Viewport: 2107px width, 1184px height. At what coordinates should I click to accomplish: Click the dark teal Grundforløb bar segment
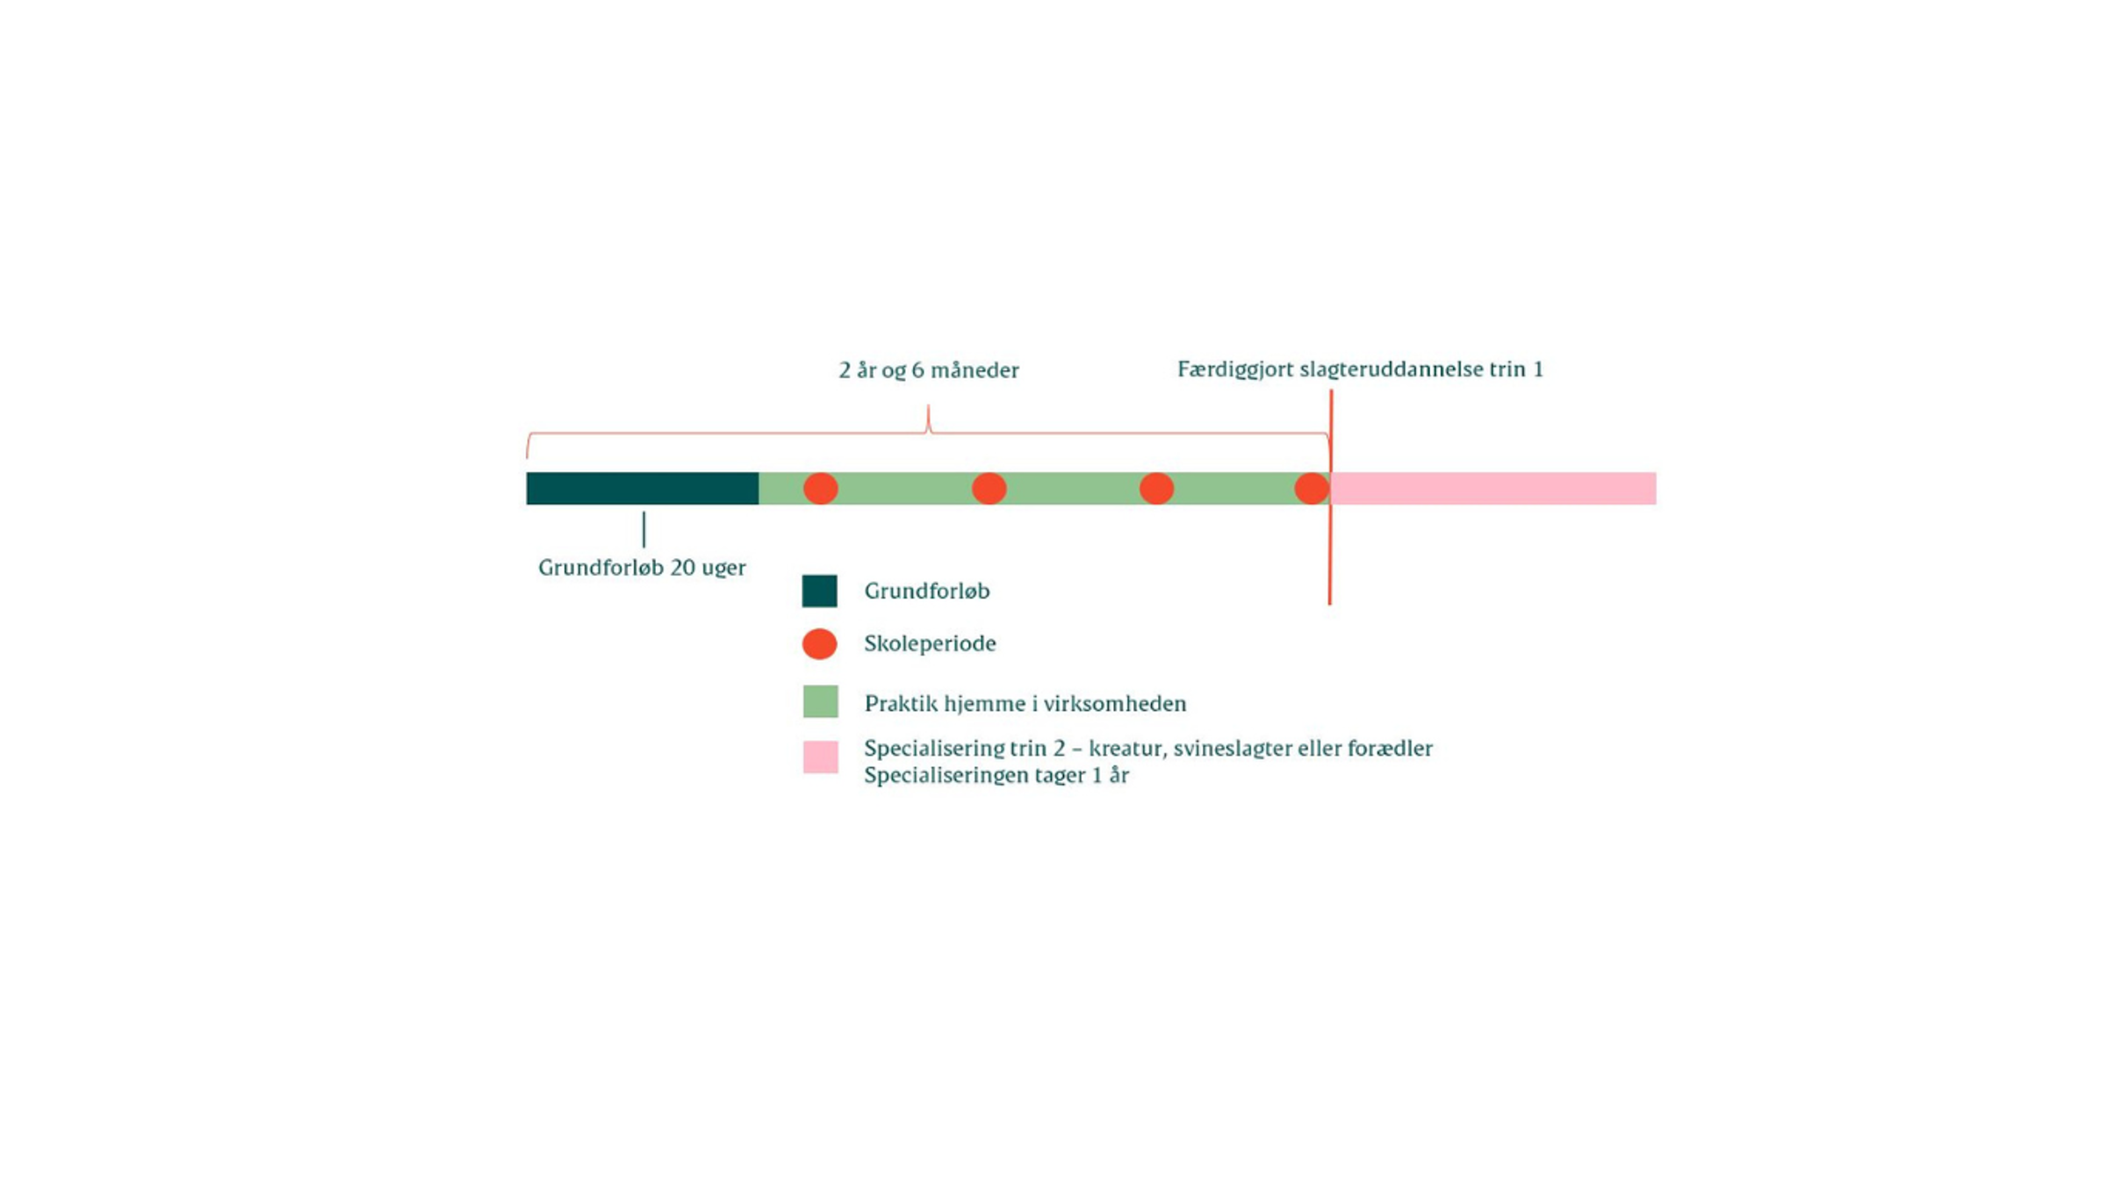[642, 488]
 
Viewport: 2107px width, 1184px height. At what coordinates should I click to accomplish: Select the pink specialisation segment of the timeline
[1493, 488]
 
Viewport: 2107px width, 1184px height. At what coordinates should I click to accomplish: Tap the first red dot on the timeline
[820, 488]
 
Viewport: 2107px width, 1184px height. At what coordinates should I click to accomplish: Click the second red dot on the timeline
[989, 488]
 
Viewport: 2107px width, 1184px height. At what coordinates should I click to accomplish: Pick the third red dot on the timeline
[1156, 488]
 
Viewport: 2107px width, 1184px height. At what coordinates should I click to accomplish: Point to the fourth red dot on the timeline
[1312, 488]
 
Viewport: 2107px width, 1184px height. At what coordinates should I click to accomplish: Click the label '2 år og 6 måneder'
[929, 370]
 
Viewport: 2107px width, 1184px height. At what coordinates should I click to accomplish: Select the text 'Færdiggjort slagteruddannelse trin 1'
[1360, 370]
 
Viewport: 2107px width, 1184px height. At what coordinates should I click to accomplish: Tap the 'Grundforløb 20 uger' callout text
[642, 568]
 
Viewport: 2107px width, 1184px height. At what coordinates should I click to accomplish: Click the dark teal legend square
[819, 591]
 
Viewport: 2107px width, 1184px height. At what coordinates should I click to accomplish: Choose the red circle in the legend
[819, 643]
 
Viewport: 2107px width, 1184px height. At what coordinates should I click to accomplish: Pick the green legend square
[820, 701]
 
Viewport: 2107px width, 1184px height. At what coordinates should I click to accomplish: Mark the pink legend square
[820, 757]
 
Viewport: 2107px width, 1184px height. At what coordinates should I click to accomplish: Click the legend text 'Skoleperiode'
[930, 643]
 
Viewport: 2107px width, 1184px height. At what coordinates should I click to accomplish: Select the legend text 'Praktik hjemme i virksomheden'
[1025, 703]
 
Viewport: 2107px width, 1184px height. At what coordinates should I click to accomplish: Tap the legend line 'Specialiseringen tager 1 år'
[996, 775]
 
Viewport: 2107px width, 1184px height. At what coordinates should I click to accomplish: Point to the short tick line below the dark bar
[644, 529]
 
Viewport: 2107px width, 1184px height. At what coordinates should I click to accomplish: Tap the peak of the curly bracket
[928, 405]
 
